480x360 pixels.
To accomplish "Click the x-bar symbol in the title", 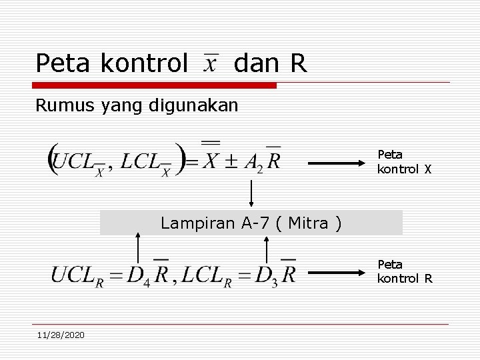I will tap(211, 64).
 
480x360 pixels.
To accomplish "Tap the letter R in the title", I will tap(298, 64).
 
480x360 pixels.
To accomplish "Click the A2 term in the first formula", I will tap(254, 162).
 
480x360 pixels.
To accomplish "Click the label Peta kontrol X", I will tap(404, 162).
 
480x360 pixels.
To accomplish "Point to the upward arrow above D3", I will tap(267, 248).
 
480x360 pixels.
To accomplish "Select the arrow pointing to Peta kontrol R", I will tap(339, 272).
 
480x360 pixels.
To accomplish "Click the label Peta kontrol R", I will tap(404, 272).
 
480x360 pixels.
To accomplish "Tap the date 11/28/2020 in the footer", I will tap(61, 334).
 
